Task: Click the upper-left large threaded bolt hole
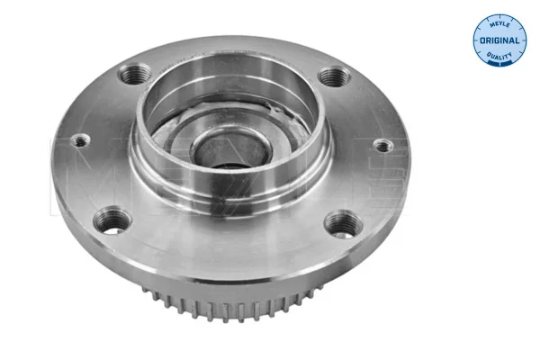[x=134, y=74]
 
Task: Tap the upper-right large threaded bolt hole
[x=334, y=76]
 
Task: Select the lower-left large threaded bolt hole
[x=112, y=220]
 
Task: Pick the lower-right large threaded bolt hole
[x=344, y=225]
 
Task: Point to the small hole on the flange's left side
[x=81, y=140]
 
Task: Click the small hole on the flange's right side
[x=383, y=146]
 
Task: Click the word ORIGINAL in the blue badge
[x=499, y=40]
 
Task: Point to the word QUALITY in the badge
[x=499, y=55]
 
